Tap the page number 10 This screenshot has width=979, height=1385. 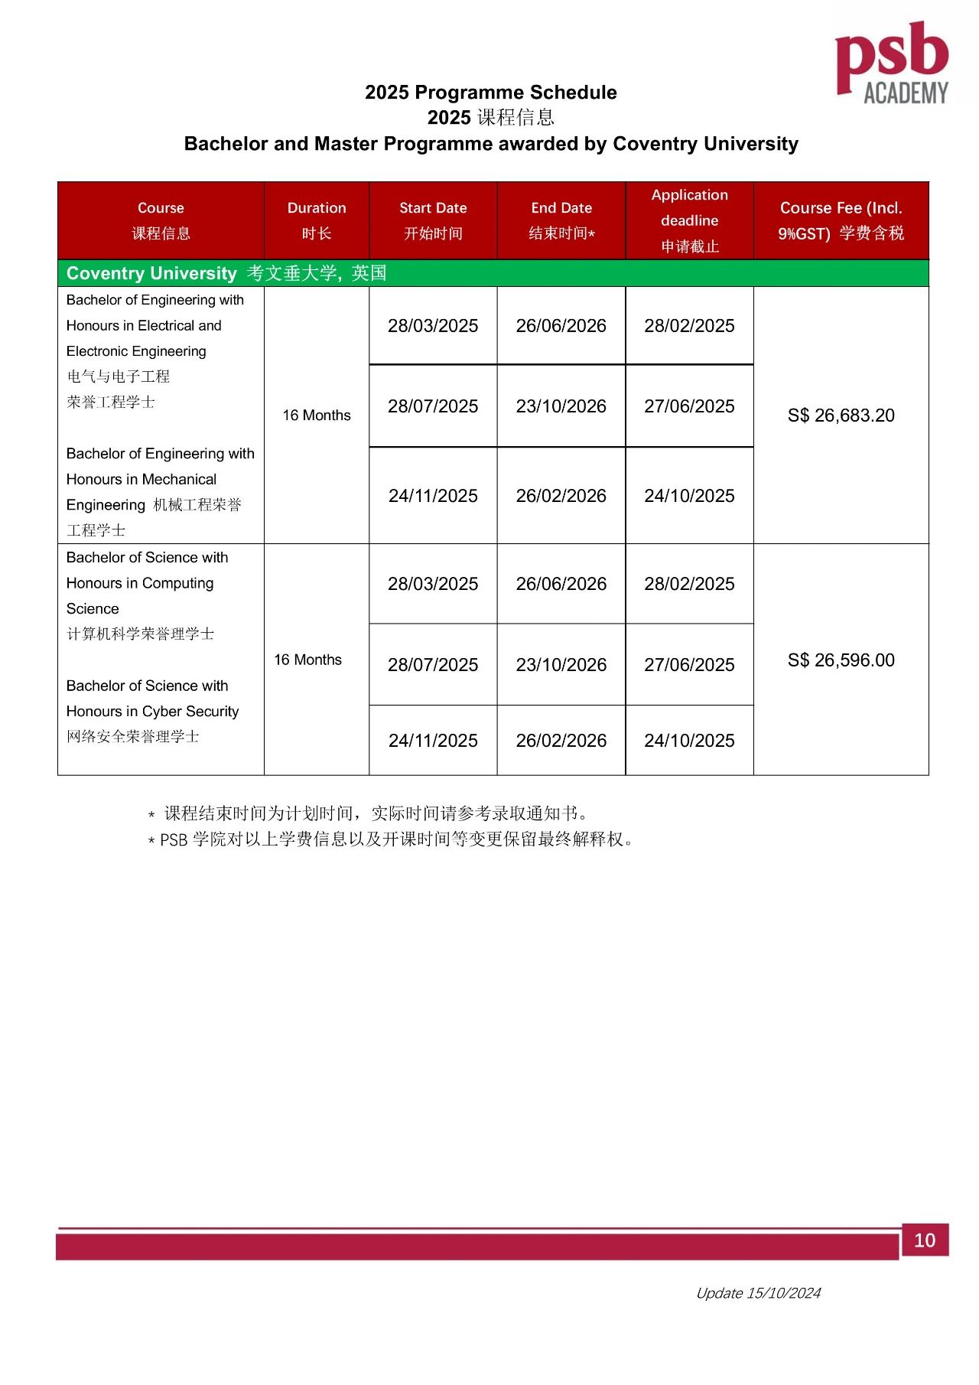click(x=925, y=1240)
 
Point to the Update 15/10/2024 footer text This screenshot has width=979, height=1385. click(x=758, y=1293)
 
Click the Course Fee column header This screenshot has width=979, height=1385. click(x=841, y=220)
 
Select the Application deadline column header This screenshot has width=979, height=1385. click(x=689, y=220)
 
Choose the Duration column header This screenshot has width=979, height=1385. click(x=317, y=220)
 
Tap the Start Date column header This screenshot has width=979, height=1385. click(x=433, y=220)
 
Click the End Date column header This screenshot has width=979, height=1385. click(x=561, y=220)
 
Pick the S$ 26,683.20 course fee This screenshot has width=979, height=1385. click(x=841, y=415)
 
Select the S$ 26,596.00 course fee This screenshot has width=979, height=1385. click(x=841, y=660)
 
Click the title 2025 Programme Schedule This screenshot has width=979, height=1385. click(x=490, y=93)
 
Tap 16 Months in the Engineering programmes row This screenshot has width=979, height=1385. click(x=317, y=415)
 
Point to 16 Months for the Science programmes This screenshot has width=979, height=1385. click(x=308, y=660)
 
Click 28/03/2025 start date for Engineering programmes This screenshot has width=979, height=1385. click(x=433, y=326)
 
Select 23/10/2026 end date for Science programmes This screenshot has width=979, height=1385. click(x=561, y=665)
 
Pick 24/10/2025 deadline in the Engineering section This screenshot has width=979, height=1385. click(x=689, y=496)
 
